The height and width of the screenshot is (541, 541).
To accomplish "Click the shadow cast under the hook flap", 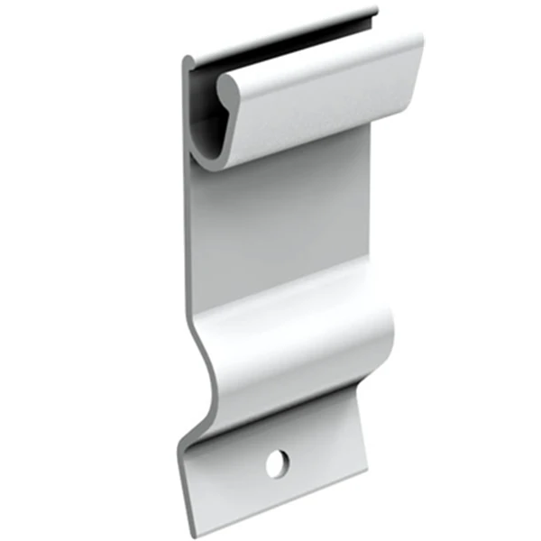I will click(x=298, y=153).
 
